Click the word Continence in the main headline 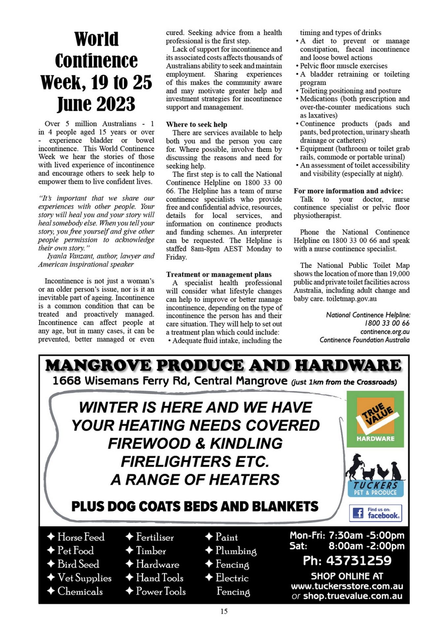96,61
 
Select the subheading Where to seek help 197,124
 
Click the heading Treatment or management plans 219,274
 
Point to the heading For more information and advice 348,191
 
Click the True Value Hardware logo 375,419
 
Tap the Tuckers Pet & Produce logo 375,488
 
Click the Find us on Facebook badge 375,513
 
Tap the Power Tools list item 161,591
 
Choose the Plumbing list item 236,551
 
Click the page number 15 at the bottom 224,611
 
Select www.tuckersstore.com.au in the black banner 347,586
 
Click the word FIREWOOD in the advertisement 153,443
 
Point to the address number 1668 67,381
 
